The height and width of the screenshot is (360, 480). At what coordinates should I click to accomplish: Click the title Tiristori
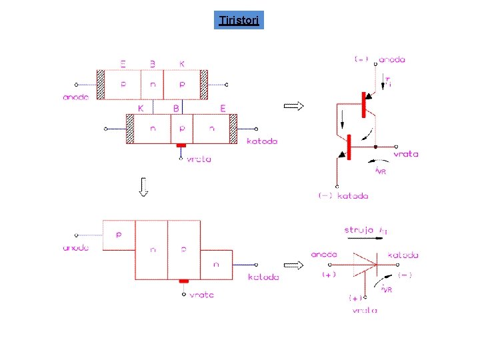pyautogui.click(x=241, y=21)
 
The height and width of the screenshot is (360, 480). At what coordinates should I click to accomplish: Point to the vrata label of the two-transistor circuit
pyautogui.click(x=405, y=154)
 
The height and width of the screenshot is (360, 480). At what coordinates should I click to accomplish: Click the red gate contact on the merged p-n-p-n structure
pyautogui.click(x=184, y=281)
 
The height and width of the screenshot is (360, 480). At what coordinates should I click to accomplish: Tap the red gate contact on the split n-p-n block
pyautogui.click(x=180, y=145)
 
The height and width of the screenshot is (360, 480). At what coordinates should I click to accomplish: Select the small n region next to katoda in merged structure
pyautogui.click(x=217, y=265)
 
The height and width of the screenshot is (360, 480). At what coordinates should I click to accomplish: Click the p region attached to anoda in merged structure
pyautogui.click(x=119, y=234)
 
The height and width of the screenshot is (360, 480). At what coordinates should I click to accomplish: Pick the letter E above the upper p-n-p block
pyautogui.click(x=123, y=64)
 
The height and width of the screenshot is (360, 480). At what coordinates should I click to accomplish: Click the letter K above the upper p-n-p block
pyautogui.click(x=182, y=64)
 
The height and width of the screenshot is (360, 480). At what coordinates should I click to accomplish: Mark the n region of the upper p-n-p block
pyautogui.click(x=153, y=85)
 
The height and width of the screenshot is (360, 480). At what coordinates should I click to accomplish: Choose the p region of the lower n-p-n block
pyautogui.click(x=181, y=128)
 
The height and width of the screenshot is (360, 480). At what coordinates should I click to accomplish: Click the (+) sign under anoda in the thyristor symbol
pyautogui.click(x=329, y=274)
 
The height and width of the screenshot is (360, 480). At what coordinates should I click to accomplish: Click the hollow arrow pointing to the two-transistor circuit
pyautogui.click(x=294, y=105)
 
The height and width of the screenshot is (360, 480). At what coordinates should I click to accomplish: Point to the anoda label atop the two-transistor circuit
pyautogui.click(x=391, y=59)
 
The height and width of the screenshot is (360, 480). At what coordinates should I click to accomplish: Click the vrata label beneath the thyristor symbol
pyautogui.click(x=365, y=311)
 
